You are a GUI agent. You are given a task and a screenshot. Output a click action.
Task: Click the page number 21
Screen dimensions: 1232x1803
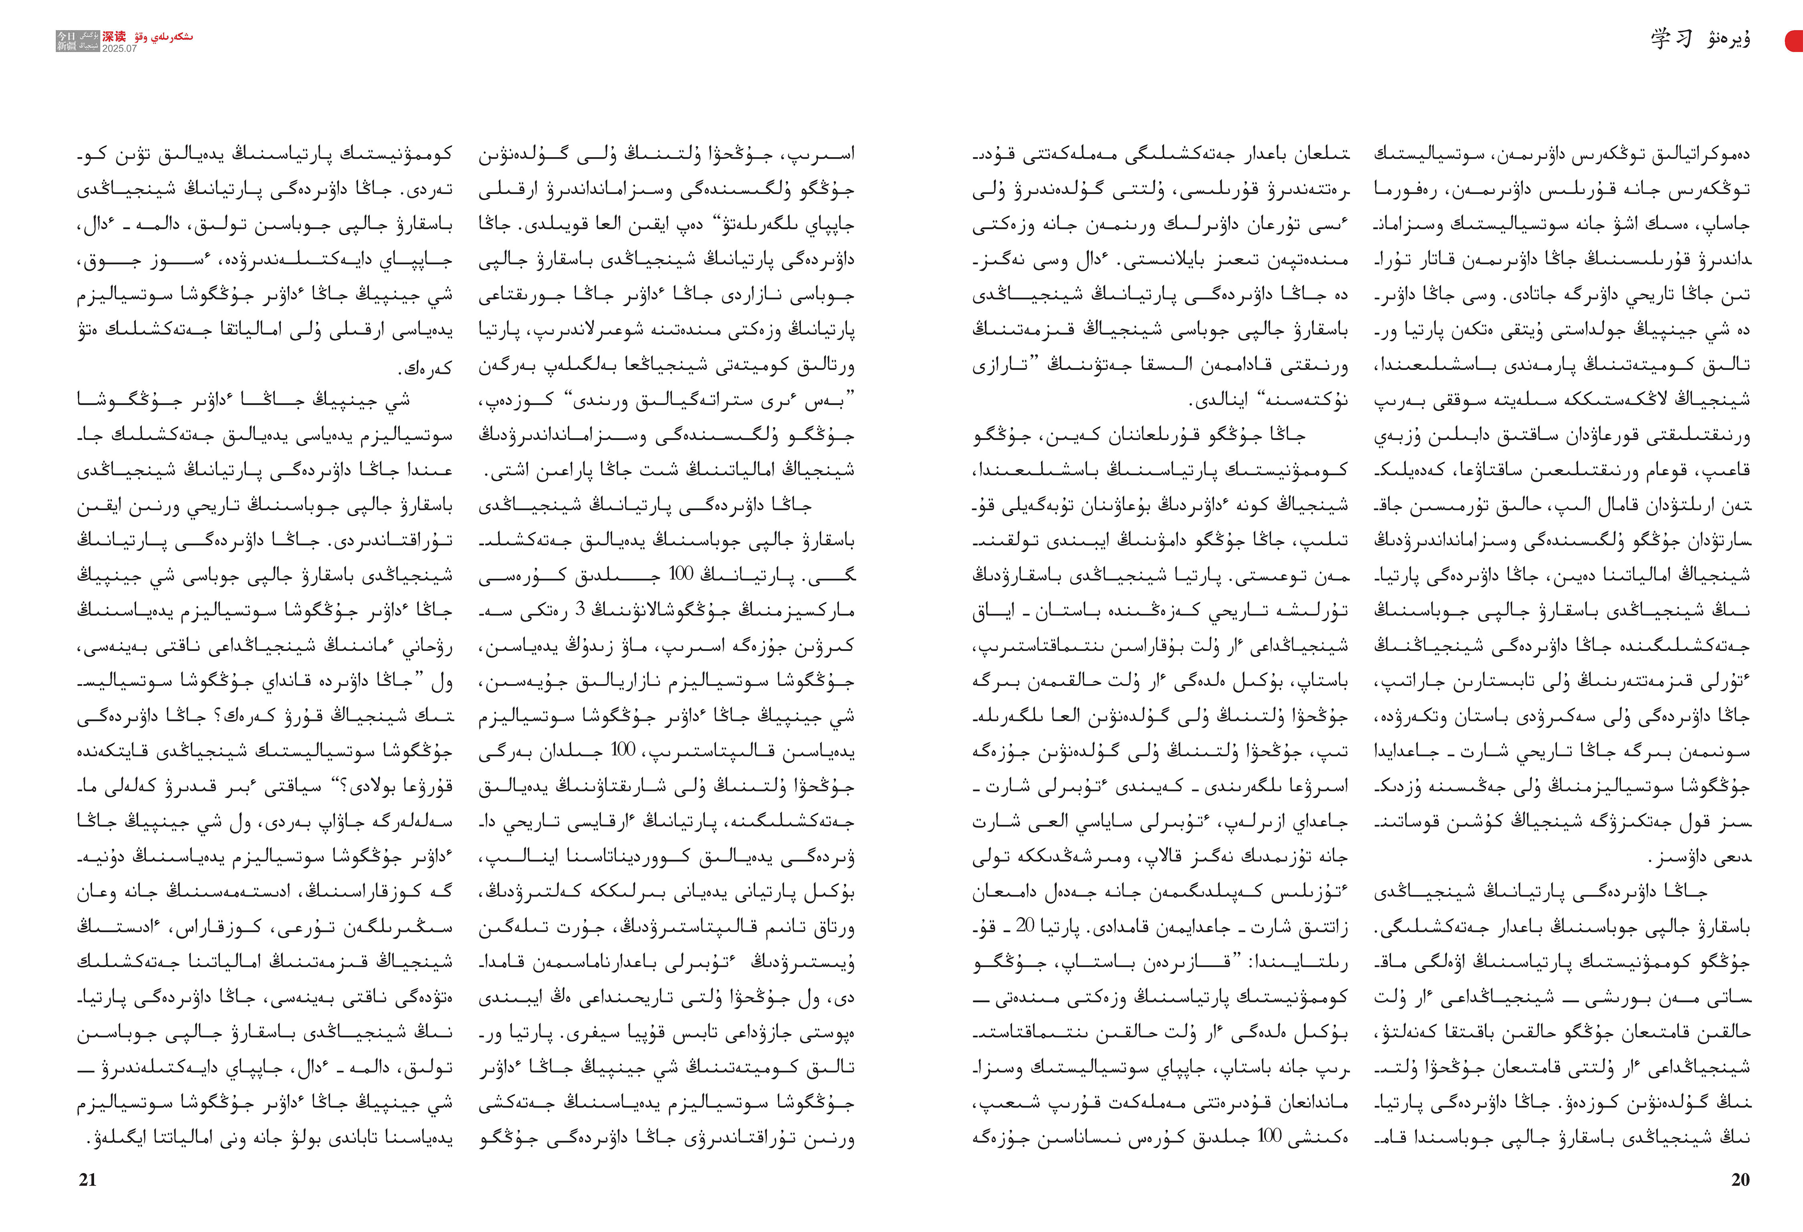(x=88, y=1180)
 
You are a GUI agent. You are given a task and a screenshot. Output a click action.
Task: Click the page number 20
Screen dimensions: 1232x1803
(x=1740, y=1180)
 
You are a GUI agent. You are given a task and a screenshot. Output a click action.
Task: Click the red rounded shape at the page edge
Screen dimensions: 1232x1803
(x=1795, y=40)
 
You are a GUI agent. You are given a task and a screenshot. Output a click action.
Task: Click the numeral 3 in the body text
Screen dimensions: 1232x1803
(x=579, y=610)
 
